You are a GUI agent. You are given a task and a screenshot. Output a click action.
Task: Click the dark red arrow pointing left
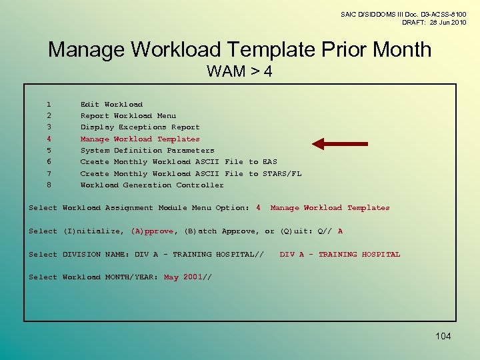[340, 143]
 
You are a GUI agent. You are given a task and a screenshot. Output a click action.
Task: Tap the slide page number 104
[443, 336]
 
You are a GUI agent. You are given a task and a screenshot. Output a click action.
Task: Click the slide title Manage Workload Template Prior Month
[240, 49]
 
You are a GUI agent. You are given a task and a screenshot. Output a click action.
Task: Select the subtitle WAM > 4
[239, 71]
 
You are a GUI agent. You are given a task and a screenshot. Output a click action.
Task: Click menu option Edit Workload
[111, 104]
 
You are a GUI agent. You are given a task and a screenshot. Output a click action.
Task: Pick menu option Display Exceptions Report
[140, 127]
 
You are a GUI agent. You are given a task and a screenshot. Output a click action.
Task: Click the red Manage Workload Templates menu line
[140, 139]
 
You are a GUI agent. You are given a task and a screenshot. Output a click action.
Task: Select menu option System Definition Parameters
[147, 151]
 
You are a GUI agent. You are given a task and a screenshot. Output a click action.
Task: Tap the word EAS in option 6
[270, 162]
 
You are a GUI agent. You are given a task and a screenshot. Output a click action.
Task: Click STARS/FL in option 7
[282, 174]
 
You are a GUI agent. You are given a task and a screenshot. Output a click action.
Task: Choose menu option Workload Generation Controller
[152, 185]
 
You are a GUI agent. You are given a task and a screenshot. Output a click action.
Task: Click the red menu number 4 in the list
[49, 139]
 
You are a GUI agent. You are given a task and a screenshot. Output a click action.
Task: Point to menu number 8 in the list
[49, 185]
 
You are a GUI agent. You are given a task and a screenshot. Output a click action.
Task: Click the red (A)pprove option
[152, 231]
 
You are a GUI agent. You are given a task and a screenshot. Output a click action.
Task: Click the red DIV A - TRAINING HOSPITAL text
[340, 255]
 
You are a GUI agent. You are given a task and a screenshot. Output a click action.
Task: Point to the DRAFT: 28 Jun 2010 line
[434, 23]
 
